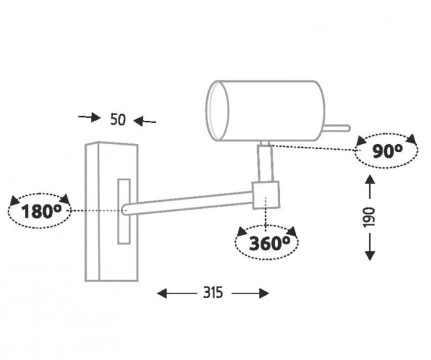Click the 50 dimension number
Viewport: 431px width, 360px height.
117,119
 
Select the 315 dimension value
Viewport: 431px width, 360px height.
213,292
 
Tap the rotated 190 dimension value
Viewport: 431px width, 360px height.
369,217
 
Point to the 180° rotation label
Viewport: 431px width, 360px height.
41,211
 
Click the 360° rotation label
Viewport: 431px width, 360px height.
269,242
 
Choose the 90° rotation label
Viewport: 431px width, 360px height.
387,150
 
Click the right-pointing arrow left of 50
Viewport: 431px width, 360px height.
89,117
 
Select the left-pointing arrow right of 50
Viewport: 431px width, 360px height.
145,121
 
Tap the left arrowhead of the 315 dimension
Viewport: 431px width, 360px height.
162,293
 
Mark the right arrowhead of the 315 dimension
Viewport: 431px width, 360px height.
263,293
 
